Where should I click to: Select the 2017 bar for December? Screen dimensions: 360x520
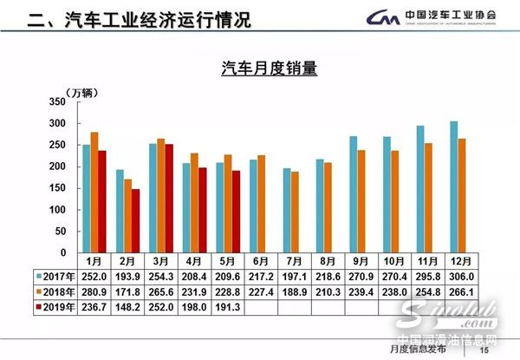(453, 187)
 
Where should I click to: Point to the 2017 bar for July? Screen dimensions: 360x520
(287, 210)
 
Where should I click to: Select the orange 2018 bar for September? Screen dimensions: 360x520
(361, 201)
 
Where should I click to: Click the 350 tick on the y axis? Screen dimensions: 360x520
(58, 101)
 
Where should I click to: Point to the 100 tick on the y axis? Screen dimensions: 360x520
(58, 210)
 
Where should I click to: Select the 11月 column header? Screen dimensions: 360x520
(424, 261)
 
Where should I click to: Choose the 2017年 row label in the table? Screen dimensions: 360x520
(53, 275)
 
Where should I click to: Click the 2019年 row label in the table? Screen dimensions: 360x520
(53, 306)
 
